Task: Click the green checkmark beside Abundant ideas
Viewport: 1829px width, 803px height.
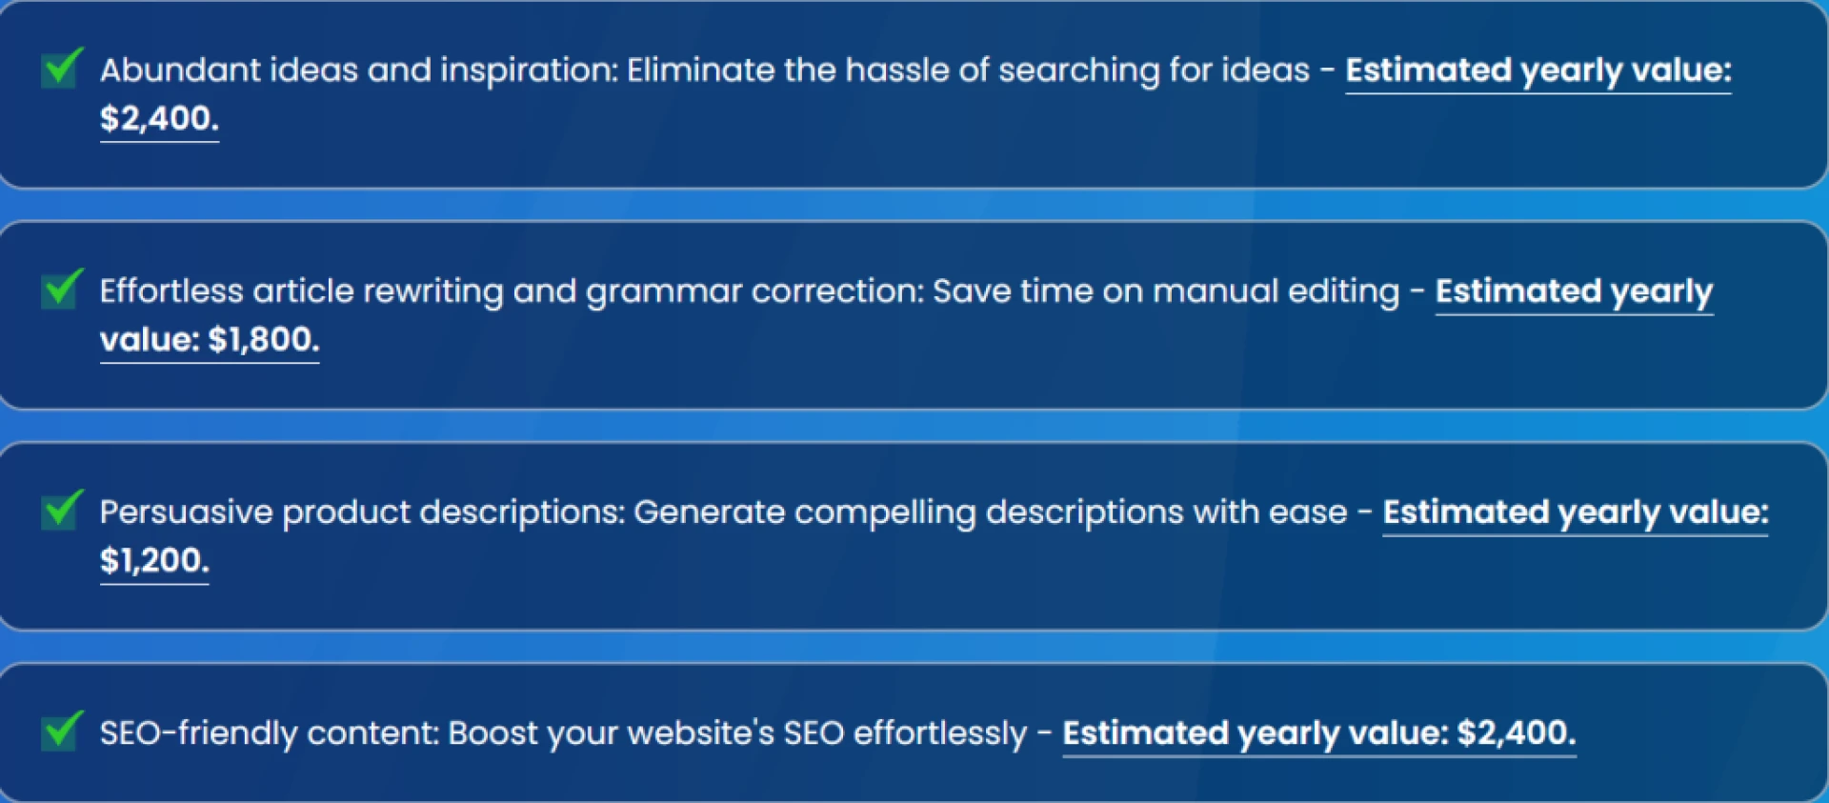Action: (62, 68)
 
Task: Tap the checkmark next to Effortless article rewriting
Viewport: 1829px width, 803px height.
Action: (62, 289)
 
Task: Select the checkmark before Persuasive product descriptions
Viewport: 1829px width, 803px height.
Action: (62, 510)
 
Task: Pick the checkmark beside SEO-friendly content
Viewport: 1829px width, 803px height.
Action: (62, 731)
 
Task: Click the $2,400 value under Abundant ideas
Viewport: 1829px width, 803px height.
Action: (159, 118)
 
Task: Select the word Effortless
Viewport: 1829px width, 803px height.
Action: (171, 291)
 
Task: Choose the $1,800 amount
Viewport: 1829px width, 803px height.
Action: (263, 339)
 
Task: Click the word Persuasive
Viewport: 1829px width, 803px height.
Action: (187, 512)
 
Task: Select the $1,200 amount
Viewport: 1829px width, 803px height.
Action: (154, 560)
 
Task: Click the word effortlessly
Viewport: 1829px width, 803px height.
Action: (940, 734)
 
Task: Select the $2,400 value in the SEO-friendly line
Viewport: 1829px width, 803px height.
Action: (1517, 733)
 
